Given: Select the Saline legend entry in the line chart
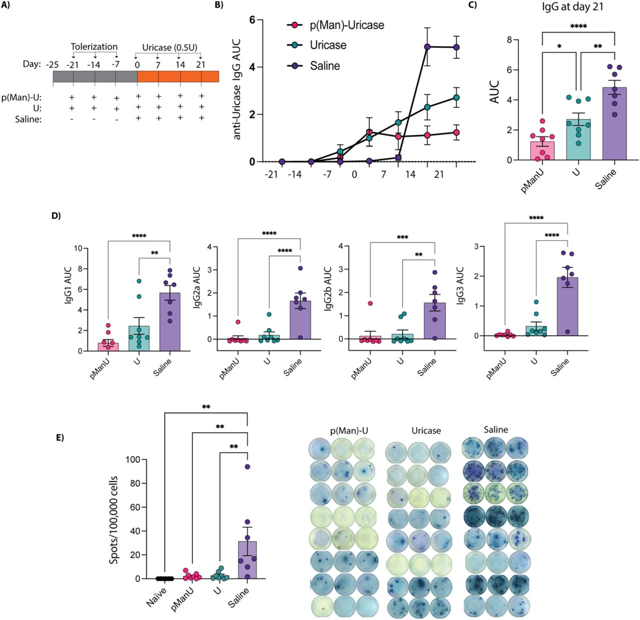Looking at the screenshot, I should pos(324,65).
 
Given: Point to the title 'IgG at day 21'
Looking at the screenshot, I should pos(572,8).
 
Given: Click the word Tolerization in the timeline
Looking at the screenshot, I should pos(94,46).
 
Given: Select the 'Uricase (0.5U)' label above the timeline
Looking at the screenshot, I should pos(170,47).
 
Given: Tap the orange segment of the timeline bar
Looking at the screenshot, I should pos(177,76).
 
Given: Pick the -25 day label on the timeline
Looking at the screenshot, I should pos(52,64).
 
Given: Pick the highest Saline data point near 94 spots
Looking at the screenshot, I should pos(247,467).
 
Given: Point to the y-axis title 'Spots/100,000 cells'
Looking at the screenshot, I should pos(114,520).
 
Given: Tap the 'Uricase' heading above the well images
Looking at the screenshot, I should pos(426,431).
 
